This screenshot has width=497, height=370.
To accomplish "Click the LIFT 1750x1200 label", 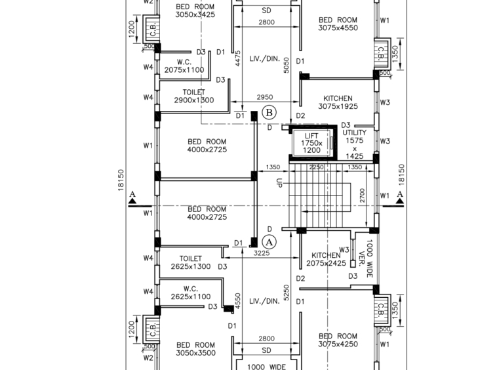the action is click(x=311, y=143).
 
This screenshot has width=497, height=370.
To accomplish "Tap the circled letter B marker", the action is click(x=269, y=113).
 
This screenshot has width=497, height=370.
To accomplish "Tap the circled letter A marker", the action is click(x=269, y=243).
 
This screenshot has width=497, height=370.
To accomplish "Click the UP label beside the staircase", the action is click(x=279, y=183).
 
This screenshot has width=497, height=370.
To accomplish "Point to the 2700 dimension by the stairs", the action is click(x=362, y=195).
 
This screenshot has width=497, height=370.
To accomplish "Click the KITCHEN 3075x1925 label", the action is click(x=338, y=102).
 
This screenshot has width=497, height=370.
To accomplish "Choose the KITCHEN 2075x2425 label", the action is click(x=326, y=259).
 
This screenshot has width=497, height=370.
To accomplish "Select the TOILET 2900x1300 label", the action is click(x=194, y=96).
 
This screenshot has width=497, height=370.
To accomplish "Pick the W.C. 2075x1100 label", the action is click(x=184, y=66).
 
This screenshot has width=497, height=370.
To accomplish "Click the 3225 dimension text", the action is click(x=262, y=253).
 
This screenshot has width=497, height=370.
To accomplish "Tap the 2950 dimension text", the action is click(x=265, y=97).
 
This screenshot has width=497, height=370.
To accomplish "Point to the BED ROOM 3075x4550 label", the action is click(x=338, y=24).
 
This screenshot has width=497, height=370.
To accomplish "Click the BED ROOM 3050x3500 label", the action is click(x=196, y=349).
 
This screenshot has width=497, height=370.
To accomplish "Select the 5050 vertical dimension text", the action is click(x=287, y=66).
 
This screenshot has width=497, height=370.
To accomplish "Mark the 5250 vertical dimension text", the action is click(x=287, y=293).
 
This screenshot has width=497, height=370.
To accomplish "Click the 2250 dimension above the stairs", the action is click(x=317, y=167).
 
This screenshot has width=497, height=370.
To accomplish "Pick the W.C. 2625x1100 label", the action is click(x=191, y=293).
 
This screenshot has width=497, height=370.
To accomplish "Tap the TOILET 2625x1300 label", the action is click(x=191, y=262).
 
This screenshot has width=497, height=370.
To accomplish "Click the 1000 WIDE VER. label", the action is click(x=366, y=258).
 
